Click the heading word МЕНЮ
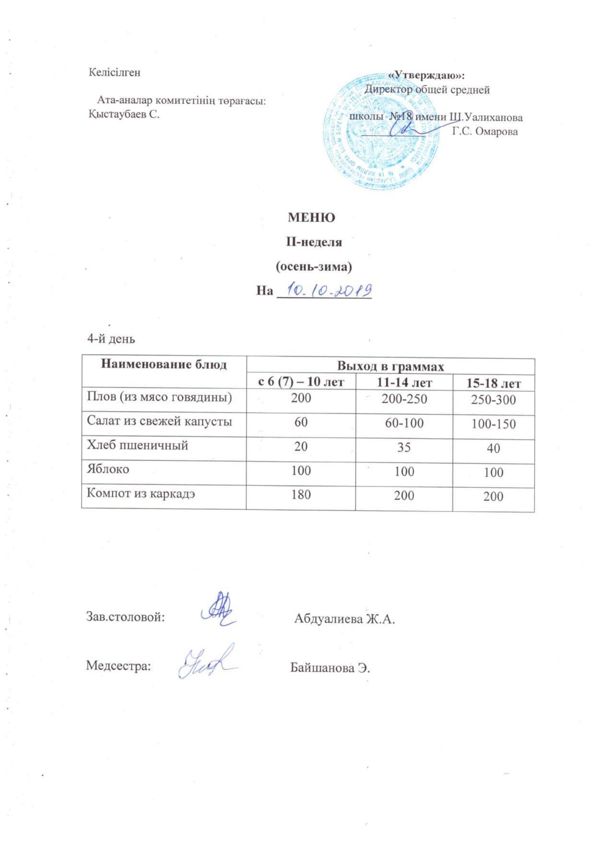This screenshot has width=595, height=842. coord(311,217)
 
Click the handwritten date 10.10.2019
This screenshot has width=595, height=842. coord(330,290)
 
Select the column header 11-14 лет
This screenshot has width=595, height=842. coord(404,383)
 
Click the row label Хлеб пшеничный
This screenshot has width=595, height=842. coord(137,445)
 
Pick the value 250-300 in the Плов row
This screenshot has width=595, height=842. coord(493,400)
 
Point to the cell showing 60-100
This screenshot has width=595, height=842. coord(404,423)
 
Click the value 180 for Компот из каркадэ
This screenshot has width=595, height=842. coord(301,494)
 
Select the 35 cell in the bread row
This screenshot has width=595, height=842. coord(404,447)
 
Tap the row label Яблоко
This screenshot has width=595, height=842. coord(108,469)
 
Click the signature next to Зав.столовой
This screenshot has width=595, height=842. coord(219,608)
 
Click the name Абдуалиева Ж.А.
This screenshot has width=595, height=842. coord(344,619)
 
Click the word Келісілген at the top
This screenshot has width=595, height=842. coord(115,72)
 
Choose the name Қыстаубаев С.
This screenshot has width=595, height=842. coord(124,115)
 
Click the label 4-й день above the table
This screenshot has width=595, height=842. coord(111,339)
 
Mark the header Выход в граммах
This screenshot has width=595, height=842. coord(390,367)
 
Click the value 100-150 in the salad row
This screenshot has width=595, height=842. coord(493,424)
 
